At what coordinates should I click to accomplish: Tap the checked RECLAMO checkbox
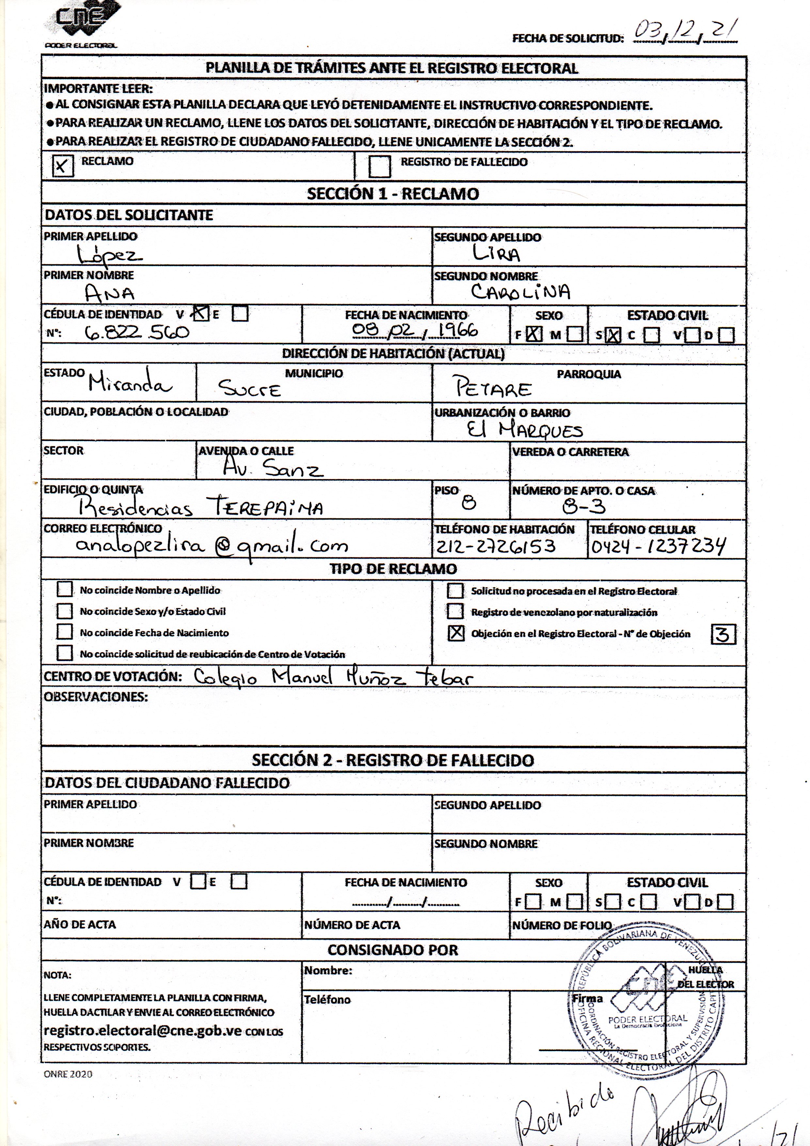[62, 166]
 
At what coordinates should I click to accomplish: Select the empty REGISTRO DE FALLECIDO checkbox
[379, 167]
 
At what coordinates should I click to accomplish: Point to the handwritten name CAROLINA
[520, 292]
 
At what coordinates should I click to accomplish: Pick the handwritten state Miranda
[130, 383]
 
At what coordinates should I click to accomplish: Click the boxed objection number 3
[723, 634]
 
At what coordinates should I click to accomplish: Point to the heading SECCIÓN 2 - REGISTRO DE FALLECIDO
[393, 760]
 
